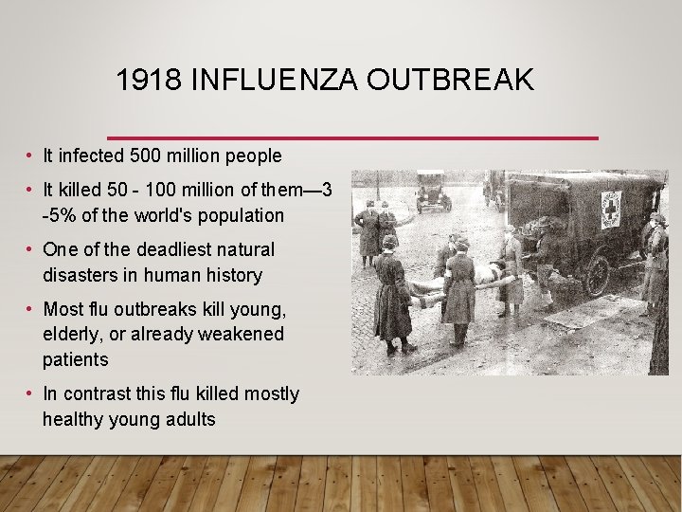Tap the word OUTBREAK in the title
pos(451,81)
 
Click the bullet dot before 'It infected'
pos(31,155)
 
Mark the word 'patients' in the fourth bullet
pos(76,359)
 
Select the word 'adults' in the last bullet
pos(189,419)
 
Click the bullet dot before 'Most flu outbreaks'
pos(31,309)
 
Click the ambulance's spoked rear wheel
pos(598,275)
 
